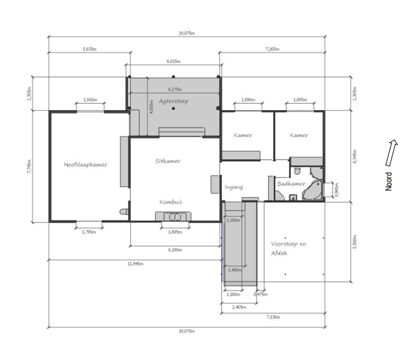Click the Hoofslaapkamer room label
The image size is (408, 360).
point(86,165)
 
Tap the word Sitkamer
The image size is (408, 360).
point(168,161)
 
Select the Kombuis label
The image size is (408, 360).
point(171,202)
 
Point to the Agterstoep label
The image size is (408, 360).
point(173,101)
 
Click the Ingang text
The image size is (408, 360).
point(234,187)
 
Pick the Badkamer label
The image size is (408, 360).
point(291,184)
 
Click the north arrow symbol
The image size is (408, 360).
point(391,153)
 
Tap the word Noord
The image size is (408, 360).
point(388,181)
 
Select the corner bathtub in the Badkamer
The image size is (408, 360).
point(313,190)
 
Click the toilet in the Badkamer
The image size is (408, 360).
point(297,171)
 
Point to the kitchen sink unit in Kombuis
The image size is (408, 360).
point(173,216)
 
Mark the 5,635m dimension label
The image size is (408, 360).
point(90,49)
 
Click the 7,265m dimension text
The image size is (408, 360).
point(273,49)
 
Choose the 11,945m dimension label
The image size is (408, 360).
point(135,264)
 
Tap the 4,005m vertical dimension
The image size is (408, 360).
point(152,106)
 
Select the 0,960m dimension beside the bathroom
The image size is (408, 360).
point(337,190)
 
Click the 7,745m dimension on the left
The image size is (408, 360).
point(29,167)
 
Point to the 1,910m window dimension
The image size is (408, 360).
point(90,100)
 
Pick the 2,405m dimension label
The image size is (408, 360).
point(239,307)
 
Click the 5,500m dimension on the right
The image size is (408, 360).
point(354,242)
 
